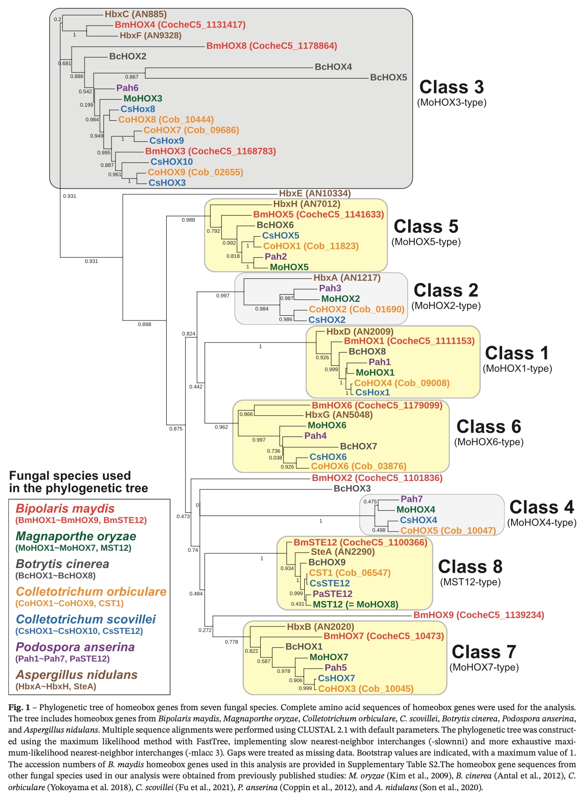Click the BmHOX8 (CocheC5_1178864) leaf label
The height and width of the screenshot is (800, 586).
click(271, 46)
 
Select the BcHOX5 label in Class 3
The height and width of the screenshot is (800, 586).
click(388, 78)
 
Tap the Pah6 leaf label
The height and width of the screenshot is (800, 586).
click(127, 88)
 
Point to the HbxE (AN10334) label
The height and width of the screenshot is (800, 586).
click(315, 193)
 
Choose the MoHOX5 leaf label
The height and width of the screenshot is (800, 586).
click(289, 267)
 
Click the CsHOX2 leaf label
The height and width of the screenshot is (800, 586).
click(327, 320)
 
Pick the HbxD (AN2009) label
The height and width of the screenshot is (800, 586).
click(359, 332)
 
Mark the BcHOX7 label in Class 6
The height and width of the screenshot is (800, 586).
click(359, 446)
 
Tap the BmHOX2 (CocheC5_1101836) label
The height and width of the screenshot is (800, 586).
click(377, 478)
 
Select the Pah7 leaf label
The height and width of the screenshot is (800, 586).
click(411, 499)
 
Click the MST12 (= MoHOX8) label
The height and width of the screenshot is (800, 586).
click(356, 604)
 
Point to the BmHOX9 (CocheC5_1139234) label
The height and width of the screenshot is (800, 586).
click(478, 615)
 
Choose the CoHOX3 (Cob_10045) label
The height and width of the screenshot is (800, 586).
click(366, 689)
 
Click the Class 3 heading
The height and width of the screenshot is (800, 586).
click(451, 87)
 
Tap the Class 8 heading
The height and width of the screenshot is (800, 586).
click(470, 567)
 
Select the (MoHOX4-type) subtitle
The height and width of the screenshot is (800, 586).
click(542, 523)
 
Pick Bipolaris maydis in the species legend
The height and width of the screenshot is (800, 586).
click(65, 509)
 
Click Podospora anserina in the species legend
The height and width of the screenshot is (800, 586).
click(75, 647)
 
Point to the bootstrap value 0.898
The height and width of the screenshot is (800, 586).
click(145, 324)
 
